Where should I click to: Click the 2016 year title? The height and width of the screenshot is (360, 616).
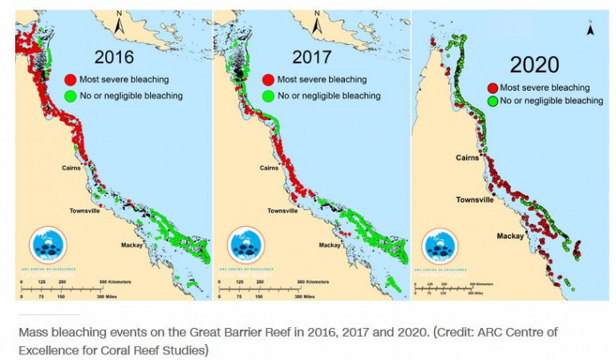(114, 57)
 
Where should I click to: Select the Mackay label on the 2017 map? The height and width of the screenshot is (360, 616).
(330, 244)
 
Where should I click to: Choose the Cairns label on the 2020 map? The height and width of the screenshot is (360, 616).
(468, 157)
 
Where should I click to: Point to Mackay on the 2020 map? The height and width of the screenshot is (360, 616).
(510, 236)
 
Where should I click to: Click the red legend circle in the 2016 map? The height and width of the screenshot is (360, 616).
(71, 79)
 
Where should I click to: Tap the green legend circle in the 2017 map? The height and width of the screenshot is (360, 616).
(268, 96)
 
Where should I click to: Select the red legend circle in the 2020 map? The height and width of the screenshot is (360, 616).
(492, 88)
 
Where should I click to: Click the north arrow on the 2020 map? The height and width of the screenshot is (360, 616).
(590, 30)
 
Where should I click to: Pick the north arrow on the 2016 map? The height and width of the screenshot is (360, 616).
(119, 24)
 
